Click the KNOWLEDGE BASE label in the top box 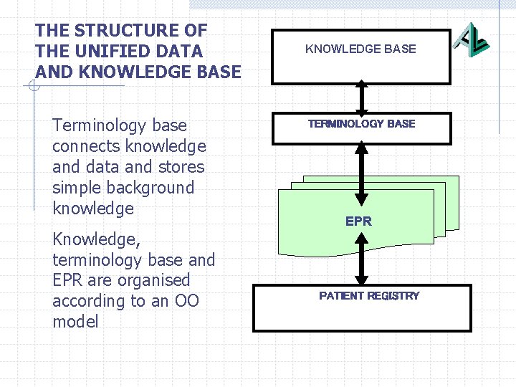(360, 49)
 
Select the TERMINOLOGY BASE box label (361, 124)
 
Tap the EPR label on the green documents (358, 221)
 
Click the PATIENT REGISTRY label (369, 296)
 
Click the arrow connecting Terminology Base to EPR (362, 172)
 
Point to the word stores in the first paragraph (183, 167)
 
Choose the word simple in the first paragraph (77, 188)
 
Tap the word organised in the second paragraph (155, 280)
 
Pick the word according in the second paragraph (88, 301)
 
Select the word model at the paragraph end (75, 322)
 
